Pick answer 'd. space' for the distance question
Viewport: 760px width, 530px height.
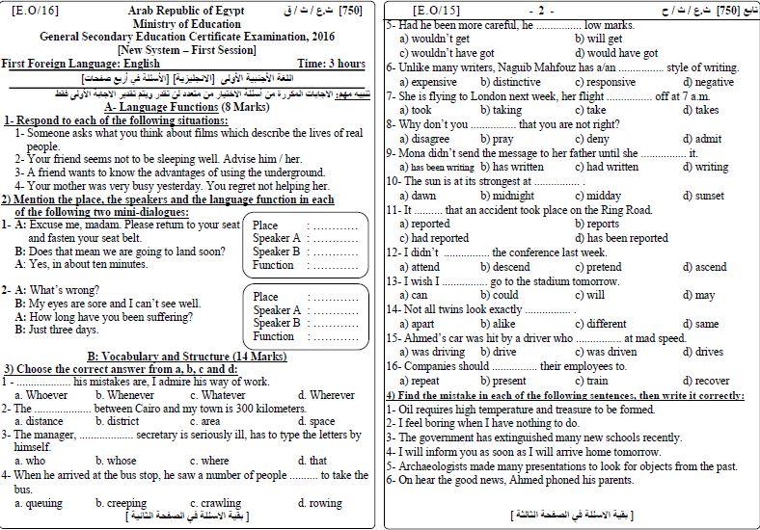pyautogui.click(x=316, y=421)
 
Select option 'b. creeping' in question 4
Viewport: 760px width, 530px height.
pyautogui.click(x=119, y=503)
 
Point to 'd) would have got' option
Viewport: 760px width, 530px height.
pyautogui.click(x=621, y=53)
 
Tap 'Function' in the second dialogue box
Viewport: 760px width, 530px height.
pyautogui.click(x=273, y=336)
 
